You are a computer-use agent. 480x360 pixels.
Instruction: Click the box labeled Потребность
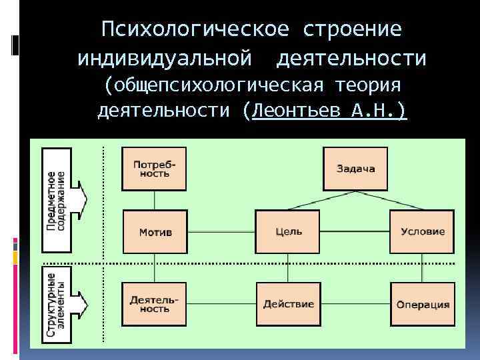pyautogui.click(x=155, y=168)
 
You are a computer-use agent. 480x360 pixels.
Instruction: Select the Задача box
pyautogui.click(x=355, y=168)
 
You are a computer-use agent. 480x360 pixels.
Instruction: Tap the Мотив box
pyautogui.click(x=155, y=231)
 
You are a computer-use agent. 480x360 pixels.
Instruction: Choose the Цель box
pyautogui.click(x=288, y=231)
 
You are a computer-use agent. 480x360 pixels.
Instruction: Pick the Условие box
pyautogui.click(x=423, y=231)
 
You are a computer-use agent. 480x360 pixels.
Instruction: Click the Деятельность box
pyautogui.click(x=155, y=304)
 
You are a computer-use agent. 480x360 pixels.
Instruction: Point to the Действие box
pyautogui.click(x=288, y=304)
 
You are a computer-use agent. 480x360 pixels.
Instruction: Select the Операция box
pyautogui.click(x=423, y=304)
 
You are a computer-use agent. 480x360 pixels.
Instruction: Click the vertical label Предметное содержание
pyautogui.click(x=56, y=200)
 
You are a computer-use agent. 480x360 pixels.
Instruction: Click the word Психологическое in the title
pyautogui.click(x=195, y=29)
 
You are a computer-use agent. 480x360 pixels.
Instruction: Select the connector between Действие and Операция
pyautogui.click(x=355, y=304)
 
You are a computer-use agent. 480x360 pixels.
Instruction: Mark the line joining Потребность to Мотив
pyautogui.click(x=155, y=200)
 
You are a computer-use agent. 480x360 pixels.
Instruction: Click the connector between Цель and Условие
pyautogui.click(x=355, y=232)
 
